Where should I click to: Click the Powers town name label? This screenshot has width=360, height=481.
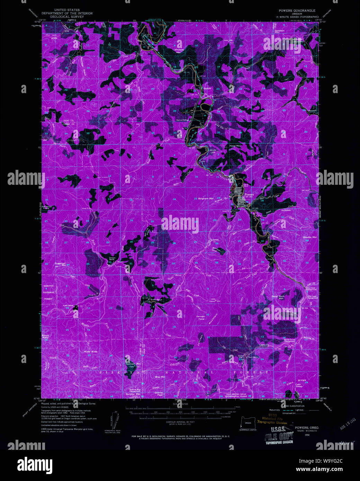tap(249, 194)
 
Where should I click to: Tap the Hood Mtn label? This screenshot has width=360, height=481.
tap(235, 146)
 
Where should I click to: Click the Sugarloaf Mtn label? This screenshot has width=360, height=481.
tap(60, 264)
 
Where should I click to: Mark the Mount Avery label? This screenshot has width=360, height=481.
tap(45, 336)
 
